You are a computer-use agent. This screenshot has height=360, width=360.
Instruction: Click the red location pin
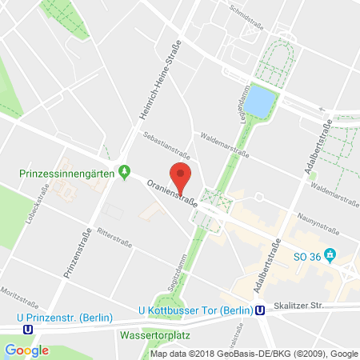pos(181,178)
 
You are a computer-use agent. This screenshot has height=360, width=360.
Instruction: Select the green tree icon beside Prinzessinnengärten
pos(123,171)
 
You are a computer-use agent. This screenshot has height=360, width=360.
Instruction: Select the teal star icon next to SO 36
pos(338,255)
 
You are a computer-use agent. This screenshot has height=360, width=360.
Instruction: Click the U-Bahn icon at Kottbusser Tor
pos(260,310)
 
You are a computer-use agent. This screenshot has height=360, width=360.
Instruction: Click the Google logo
pos(26,350)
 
